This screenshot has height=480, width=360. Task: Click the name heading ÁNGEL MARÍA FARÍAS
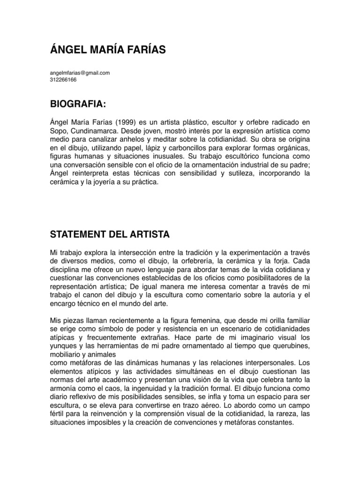[x=108, y=50]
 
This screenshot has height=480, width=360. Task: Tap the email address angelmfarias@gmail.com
[x=79, y=73]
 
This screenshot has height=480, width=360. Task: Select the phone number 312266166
[x=63, y=79]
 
